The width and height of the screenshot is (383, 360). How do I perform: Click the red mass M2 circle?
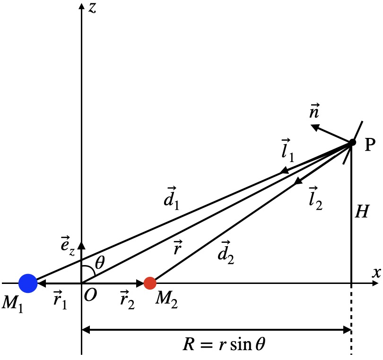coord(150,283)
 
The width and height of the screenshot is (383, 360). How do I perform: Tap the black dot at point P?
coord(352,142)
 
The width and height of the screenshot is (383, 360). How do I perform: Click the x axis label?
coord(376,273)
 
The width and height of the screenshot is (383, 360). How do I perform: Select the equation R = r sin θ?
coord(224,343)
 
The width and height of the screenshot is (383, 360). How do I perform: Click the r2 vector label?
coord(127,301)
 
